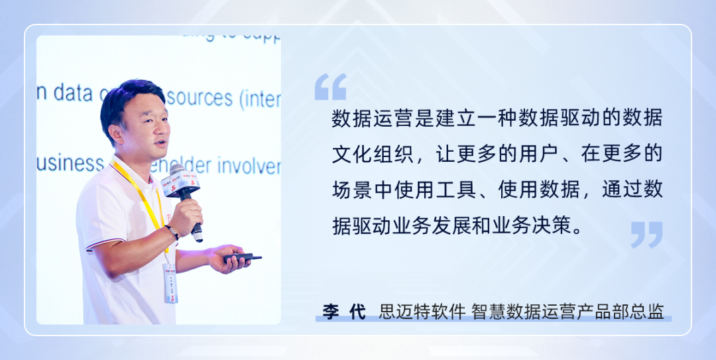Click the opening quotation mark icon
330,87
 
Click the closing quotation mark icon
646,235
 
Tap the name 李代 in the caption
344,312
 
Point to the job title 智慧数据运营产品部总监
567,312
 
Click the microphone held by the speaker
182,189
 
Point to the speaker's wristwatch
172,232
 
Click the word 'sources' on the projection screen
199,97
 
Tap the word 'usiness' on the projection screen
70,162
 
